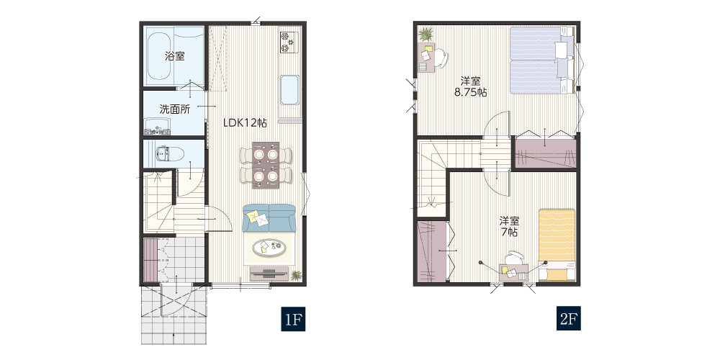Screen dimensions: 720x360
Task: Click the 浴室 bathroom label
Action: point(175,56)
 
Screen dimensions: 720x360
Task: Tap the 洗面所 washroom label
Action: point(175,109)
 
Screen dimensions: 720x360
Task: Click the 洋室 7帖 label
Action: point(509,226)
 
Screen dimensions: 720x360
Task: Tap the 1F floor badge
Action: point(293,319)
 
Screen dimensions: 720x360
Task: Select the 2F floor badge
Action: point(569,319)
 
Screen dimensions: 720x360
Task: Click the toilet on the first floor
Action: point(170,154)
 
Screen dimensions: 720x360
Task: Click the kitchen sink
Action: point(289,90)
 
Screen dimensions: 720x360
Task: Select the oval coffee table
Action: point(269,248)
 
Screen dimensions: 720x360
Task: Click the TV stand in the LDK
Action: point(269,274)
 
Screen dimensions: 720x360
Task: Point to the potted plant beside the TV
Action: point(296,275)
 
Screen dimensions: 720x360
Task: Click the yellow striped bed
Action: point(557,244)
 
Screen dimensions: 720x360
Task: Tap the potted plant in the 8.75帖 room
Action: point(426,34)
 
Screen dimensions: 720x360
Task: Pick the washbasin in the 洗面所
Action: point(158,126)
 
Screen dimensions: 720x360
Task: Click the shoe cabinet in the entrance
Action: point(150,259)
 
